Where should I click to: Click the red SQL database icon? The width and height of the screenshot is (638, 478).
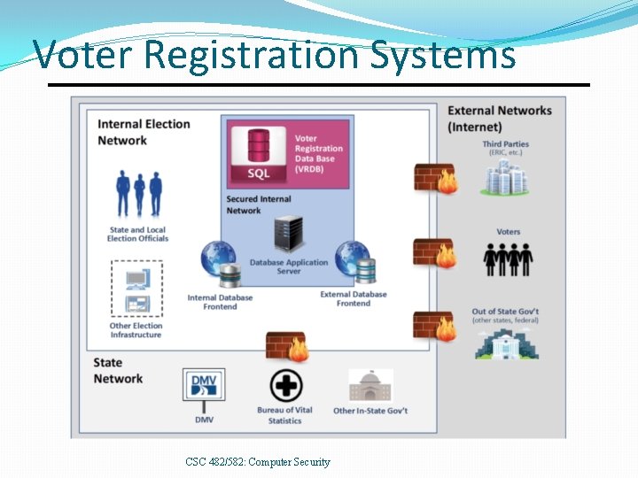[259, 155]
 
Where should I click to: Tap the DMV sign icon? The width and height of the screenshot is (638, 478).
[204, 388]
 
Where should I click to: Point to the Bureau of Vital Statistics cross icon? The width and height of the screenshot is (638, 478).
[286, 386]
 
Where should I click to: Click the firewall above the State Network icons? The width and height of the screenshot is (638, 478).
[286, 347]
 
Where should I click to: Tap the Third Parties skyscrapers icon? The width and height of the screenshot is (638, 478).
[504, 177]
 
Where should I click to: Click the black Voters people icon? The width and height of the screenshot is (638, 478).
[508, 258]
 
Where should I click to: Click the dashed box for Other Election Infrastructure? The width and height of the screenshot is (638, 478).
[136, 288]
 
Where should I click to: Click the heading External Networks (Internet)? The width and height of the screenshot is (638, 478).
[500, 119]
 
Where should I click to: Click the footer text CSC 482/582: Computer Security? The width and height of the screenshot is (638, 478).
[258, 461]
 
